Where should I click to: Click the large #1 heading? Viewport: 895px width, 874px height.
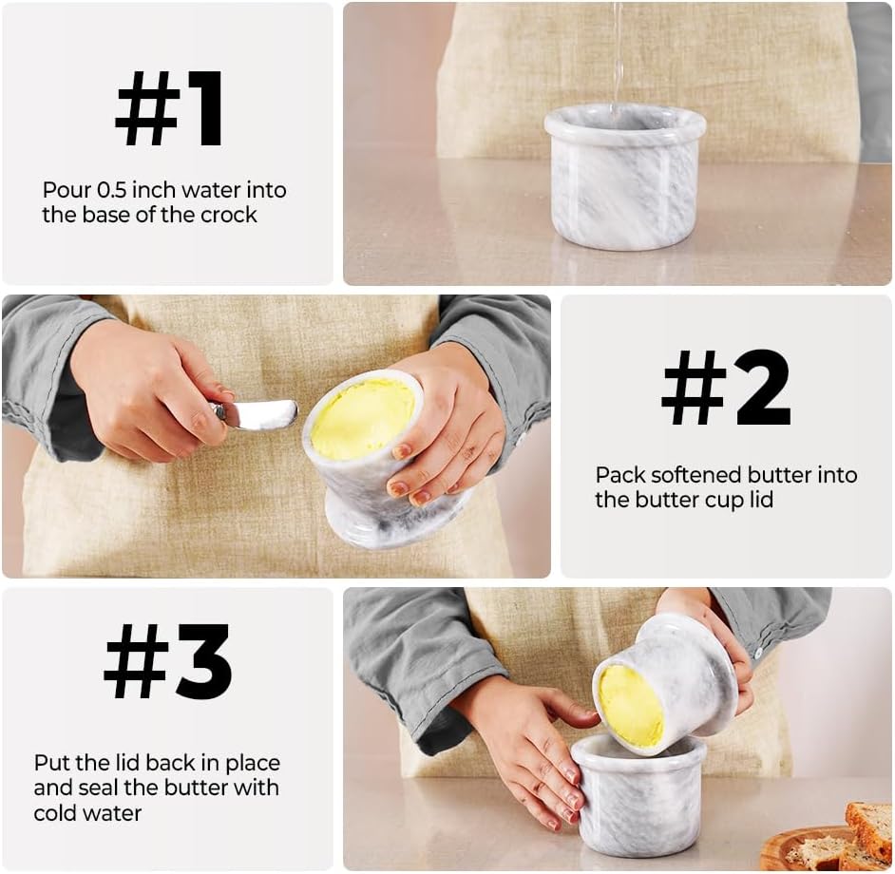point(169,108)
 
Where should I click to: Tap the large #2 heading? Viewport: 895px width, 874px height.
point(726,389)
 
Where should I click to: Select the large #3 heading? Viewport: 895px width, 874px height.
point(168,661)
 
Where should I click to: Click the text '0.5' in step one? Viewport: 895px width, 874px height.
point(111,190)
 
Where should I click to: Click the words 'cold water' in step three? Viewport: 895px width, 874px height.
point(87,813)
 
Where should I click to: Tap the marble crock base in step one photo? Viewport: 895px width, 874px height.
point(625,177)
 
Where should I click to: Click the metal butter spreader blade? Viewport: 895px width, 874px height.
point(256,413)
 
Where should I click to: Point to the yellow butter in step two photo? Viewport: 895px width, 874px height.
point(364,418)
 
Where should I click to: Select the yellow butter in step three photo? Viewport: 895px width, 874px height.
point(631,707)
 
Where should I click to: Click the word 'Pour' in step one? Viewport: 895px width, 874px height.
point(67,190)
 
